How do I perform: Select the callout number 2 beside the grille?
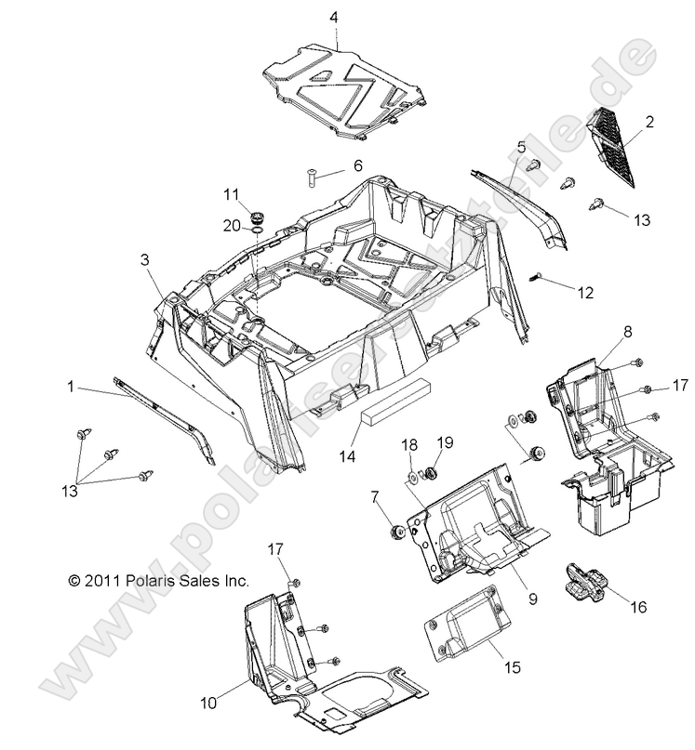coord(648,121)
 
